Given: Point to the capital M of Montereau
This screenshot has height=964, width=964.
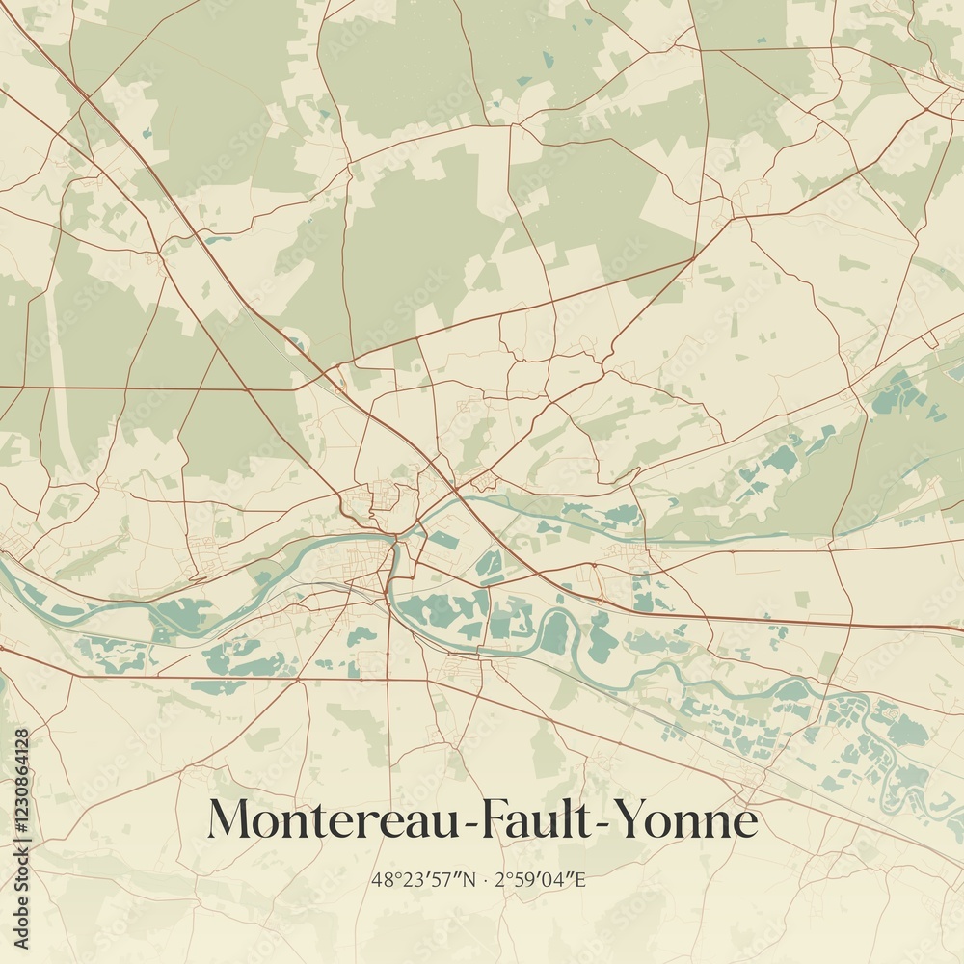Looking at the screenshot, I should pyautogui.click(x=231, y=820).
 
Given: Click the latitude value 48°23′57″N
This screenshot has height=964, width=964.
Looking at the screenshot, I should pyautogui.click(x=424, y=879).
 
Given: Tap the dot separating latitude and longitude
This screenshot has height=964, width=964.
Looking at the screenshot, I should pyautogui.click(x=485, y=880).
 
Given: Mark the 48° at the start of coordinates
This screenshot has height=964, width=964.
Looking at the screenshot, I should pyautogui.click(x=383, y=879).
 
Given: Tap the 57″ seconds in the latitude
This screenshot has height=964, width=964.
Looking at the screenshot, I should pyautogui.click(x=445, y=879).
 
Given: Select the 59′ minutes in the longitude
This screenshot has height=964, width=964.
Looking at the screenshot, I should pyautogui.click(x=533, y=879).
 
